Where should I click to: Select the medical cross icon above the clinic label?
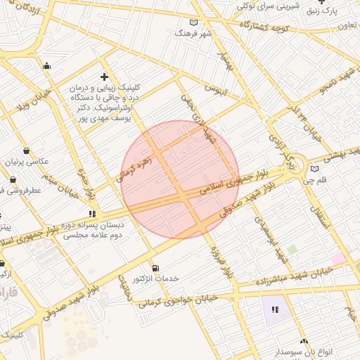[105, 77]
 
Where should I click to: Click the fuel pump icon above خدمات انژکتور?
[155, 268]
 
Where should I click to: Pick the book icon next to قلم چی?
[314, 169]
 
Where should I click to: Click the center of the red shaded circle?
[180, 179]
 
